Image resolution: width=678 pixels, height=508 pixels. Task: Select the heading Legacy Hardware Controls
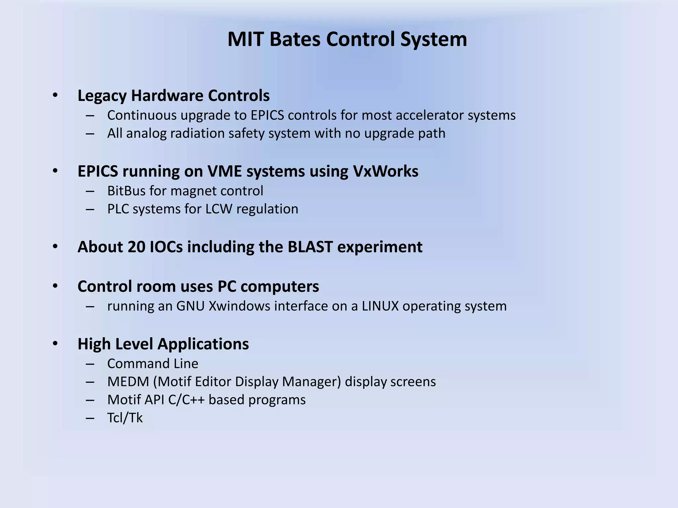tap(173, 96)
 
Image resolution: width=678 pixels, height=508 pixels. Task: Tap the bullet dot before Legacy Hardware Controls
tap(55, 96)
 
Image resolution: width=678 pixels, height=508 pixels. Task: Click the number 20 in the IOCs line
tap(136, 247)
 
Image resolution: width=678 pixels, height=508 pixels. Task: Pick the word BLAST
tap(310, 247)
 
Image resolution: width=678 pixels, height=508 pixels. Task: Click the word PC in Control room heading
tap(227, 286)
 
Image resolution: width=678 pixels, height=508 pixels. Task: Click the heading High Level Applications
tap(163, 344)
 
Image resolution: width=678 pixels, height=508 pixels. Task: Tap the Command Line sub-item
tap(153, 364)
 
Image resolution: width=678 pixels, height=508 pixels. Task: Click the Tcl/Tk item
tap(125, 418)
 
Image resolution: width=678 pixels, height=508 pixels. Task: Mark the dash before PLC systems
tap(90, 209)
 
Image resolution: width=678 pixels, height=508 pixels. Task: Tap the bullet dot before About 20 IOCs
tap(55, 247)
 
